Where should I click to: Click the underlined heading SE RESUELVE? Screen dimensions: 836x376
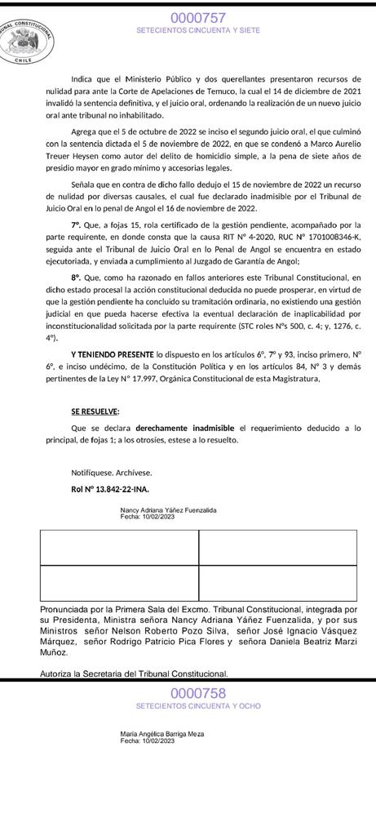[x=95, y=411]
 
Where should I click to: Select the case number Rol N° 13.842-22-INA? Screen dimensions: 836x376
[x=109, y=489]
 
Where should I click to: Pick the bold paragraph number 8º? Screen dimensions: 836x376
[x=76, y=278]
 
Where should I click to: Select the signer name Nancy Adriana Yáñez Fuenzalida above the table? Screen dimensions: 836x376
[x=168, y=510]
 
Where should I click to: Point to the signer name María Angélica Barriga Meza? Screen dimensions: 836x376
[x=162, y=734]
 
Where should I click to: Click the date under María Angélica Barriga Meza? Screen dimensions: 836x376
[x=148, y=740]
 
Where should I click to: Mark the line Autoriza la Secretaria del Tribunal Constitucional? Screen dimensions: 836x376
[x=134, y=674]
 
